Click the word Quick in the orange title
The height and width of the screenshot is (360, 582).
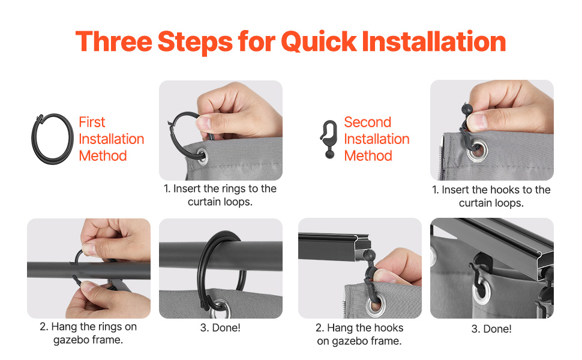click(319, 41)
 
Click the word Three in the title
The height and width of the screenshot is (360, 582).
click(114, 41)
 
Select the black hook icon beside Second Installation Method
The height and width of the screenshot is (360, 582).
click(329, 139)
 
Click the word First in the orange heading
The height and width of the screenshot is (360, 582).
click(92, 122)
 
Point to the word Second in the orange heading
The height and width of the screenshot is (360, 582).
click(367, 122)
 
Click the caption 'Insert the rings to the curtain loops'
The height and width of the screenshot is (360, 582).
click(220, 195)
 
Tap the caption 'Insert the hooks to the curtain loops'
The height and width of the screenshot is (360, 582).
click(491, 196)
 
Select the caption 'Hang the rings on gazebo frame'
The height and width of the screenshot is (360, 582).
click(88, 333)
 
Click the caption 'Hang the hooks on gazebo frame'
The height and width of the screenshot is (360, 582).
click(359, 334)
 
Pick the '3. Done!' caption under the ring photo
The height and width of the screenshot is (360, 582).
click(220, 328)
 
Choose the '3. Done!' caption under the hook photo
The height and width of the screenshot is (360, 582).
click(491, 329)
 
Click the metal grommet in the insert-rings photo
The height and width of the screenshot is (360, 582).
click(202, 156)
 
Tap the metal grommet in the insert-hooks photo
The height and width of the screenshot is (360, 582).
click(476, 151)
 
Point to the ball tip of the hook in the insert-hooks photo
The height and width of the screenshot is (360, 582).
click(467, 109)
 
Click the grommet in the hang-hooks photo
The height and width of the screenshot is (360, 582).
click(374, 305)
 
